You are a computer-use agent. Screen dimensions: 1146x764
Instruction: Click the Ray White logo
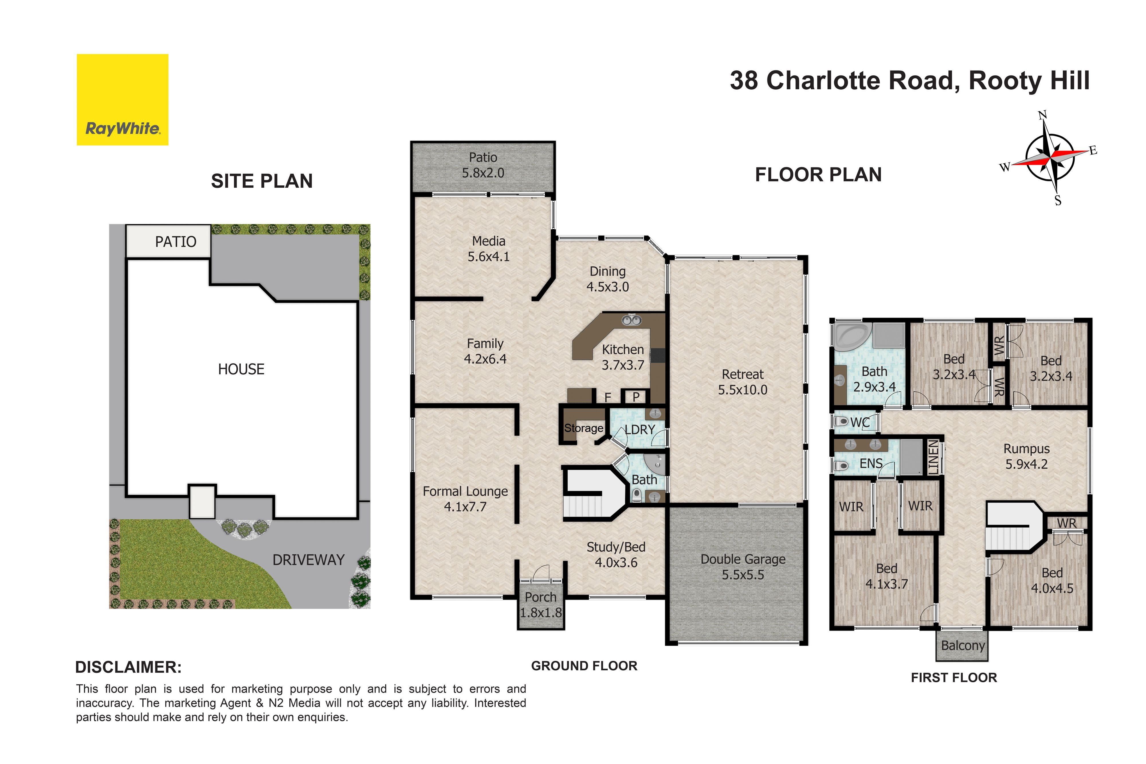(122, 99)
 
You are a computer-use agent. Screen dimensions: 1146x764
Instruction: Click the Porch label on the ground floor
(540, 597)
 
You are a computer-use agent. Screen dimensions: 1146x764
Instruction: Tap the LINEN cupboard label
(933, 457)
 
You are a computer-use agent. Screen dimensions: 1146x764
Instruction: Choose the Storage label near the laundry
(583, 428)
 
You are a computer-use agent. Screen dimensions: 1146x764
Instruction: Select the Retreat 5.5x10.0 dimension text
(743, 390)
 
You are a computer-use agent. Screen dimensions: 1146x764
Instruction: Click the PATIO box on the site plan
(168, 241)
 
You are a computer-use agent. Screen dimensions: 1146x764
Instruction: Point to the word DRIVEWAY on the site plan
(309, 560)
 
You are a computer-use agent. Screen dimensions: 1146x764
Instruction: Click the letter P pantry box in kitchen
(635, 397)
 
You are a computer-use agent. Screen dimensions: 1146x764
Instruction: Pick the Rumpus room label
(1026, 449)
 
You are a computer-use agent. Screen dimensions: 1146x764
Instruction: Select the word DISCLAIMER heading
(128, 667)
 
